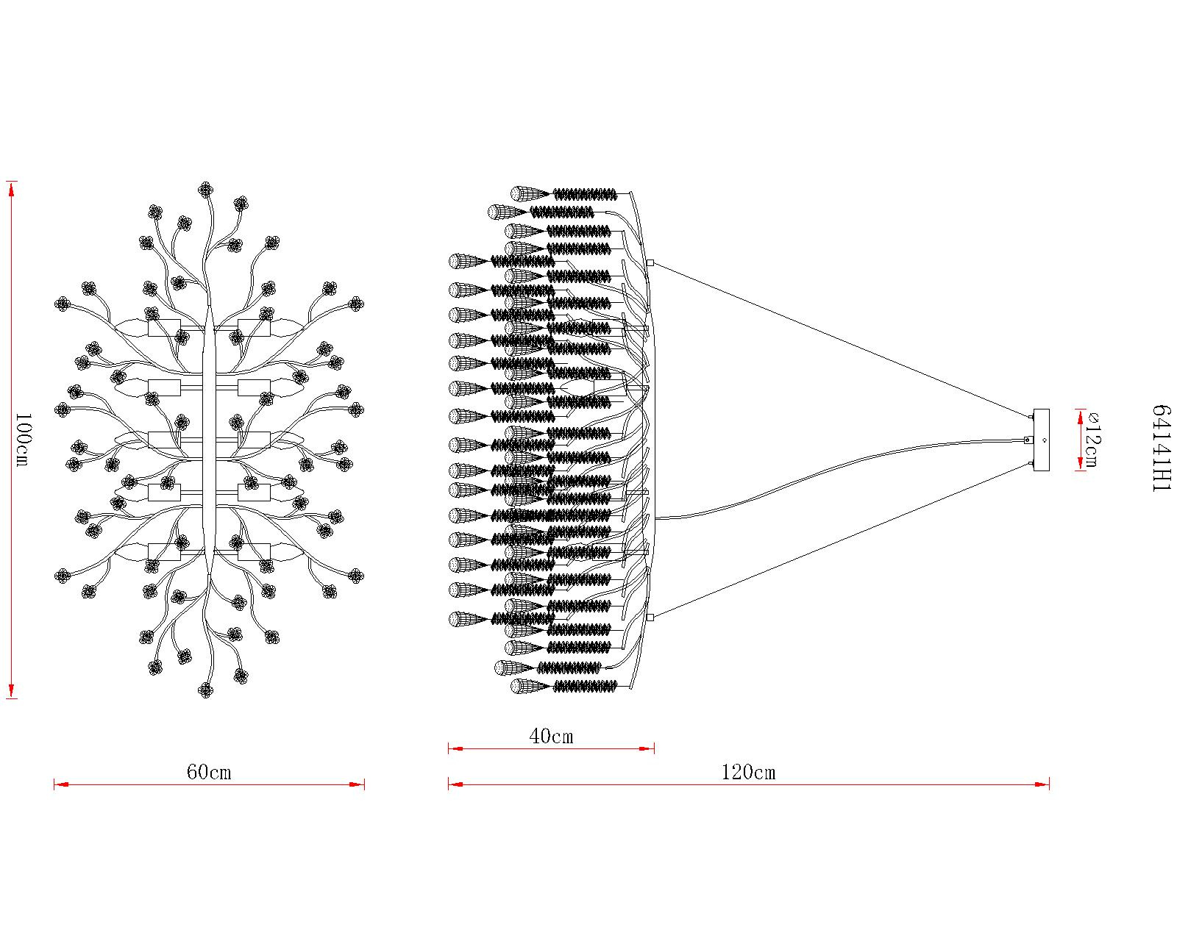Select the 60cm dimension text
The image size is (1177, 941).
(209, 773)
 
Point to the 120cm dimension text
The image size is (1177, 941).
(748, 773)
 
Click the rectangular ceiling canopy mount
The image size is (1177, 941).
(1041, 440)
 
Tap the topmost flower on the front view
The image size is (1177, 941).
(205, 190)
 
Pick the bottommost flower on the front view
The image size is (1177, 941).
(205, 690)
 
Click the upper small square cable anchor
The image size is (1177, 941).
(650, 262)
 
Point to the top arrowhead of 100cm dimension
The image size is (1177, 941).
(11, 187)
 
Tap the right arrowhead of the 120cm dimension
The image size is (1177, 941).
(1044, 784)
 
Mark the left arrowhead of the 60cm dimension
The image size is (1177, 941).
(60, 784)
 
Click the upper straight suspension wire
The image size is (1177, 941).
(839, 338)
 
